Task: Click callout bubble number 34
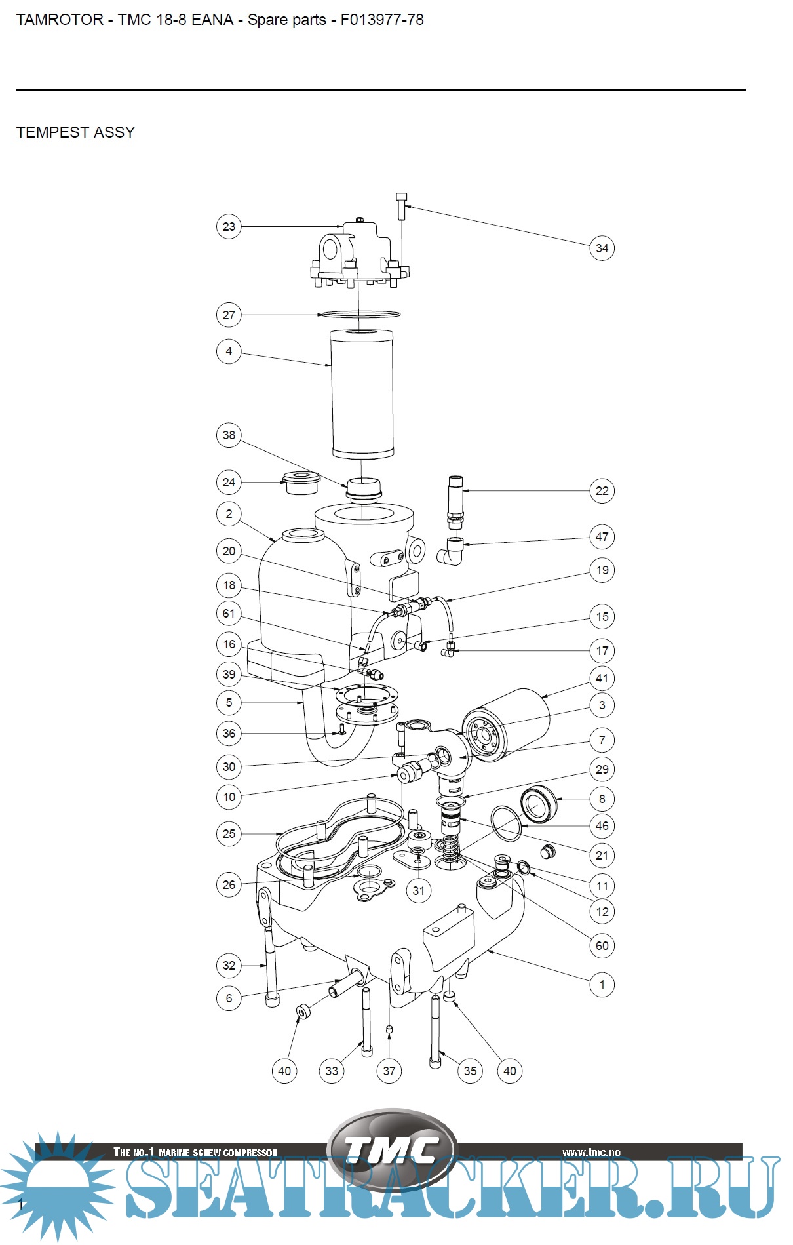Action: [x=602, y=248]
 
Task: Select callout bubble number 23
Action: [x=229, y=227]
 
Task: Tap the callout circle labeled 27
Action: [x=229, y=315]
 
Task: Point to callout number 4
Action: [x=229, y=351]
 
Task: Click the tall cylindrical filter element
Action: [x=362, y=393]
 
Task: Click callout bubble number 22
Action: [x=602, y=491]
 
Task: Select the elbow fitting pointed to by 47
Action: [x=452, y=551]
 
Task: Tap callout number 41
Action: [x=602, y=679]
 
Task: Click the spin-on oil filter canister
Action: [x=508, y=724]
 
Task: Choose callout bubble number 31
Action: [x=419, y=890]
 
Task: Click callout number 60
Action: [x=602, y=945]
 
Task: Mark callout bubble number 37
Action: [x=389, y=1071]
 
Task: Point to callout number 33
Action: [x=332, y=1071]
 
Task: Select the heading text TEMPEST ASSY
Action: [x=75, y=132]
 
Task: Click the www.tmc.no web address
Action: [x=590, y=1152]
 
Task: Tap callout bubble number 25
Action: [x=229, y=834]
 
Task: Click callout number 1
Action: [x=602, y=985]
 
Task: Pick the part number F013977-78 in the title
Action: [x=381, y=20]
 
